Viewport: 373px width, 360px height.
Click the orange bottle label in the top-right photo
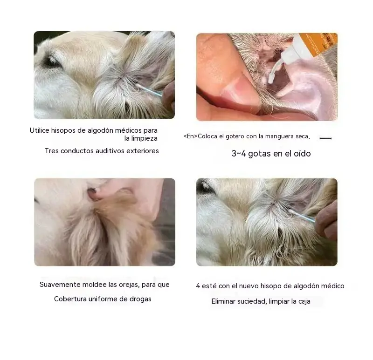pyautogui.click(x=318, y=44)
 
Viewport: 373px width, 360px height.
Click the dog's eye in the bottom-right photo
pyautogui.click(x=206, y=186)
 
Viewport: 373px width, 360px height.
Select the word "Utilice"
pyautogui.click(x=39, y=130)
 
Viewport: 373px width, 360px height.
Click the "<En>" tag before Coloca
pyautogui.click(x=190, y=136)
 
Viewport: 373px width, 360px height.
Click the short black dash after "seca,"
pyautogui.click(x=325, y=138)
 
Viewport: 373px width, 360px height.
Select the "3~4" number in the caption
pyautogui.click(x=239, y=154)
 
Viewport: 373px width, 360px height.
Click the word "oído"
pyautogui.click(x=302, y=154)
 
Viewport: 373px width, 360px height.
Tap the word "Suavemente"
pyautogui.click(x=60, y=285)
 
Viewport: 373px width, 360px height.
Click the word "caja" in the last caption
pyautogui.click(x=304, y=301)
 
